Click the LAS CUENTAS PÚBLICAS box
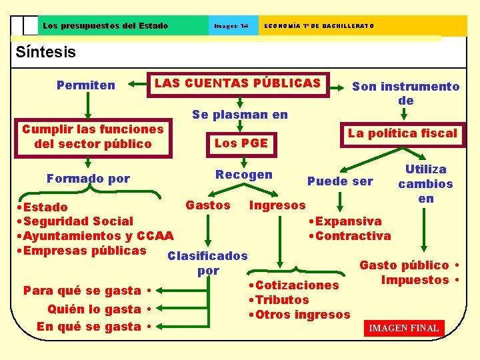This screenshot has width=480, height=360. [x=238, y=84]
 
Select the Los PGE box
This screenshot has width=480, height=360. [x=241, y=143]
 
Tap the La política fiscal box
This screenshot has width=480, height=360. [x=402, y=133]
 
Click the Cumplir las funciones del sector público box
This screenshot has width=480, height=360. [x=93, y=136]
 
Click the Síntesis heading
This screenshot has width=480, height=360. [x=45, y=52]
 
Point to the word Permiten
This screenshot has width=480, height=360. [x=86, y=85]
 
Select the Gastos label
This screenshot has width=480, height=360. [x=208, y=205]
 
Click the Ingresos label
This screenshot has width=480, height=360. [x=277, y=205]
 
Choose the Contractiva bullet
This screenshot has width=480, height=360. [x=353, y=236]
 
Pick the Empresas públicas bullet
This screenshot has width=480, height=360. [x=84, y=251]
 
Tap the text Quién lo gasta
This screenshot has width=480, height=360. [x=94, y=309]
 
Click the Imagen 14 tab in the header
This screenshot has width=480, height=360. [x=231, y=26]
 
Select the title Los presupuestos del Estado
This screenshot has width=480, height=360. [x=105, y=26]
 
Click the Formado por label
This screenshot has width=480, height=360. [x=88, y=179]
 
